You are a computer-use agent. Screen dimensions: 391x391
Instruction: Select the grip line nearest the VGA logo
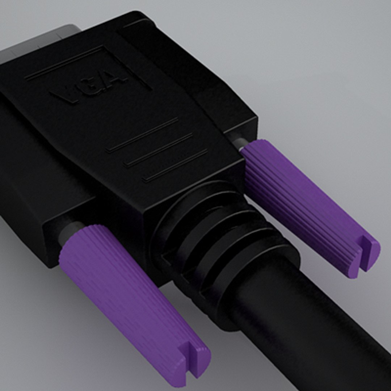tap(143, 135)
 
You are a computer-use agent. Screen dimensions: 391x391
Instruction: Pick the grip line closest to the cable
tap(175, 165)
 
